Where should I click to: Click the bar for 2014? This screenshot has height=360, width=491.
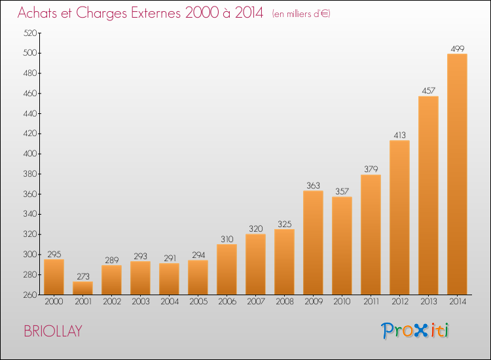tap(457, 174)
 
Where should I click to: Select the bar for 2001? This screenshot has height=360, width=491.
tap(82, 288)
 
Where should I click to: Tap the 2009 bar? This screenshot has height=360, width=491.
tap(313, 243)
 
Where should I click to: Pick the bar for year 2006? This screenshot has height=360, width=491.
tap(227, 269)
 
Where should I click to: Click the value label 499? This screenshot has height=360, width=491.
tap(458, 49)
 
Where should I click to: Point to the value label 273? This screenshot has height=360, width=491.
tap(83, 276)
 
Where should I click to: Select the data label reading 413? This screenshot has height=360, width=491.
tap(399, 135)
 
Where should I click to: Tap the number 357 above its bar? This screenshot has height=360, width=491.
tap(342, 191)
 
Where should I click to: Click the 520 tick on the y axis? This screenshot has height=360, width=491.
tap(30, 33)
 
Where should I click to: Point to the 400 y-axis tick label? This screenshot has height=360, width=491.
tap(30, 154)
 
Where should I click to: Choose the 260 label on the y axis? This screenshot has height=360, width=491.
tap(30, 295)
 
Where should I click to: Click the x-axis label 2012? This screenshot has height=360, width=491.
tap(400, 302)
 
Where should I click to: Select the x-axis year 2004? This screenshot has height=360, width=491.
tap(170, 302)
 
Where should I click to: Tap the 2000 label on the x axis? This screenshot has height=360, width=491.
tap(54, 302)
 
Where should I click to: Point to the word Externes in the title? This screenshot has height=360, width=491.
tap(156, 12)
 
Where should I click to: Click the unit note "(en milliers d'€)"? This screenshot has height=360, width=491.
tap(301, 14)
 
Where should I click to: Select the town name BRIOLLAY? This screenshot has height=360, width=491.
tap(53, 331)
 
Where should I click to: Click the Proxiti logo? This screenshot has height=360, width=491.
tap(415, 331)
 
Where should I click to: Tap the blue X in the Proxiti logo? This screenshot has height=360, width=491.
tap(420, 331)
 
